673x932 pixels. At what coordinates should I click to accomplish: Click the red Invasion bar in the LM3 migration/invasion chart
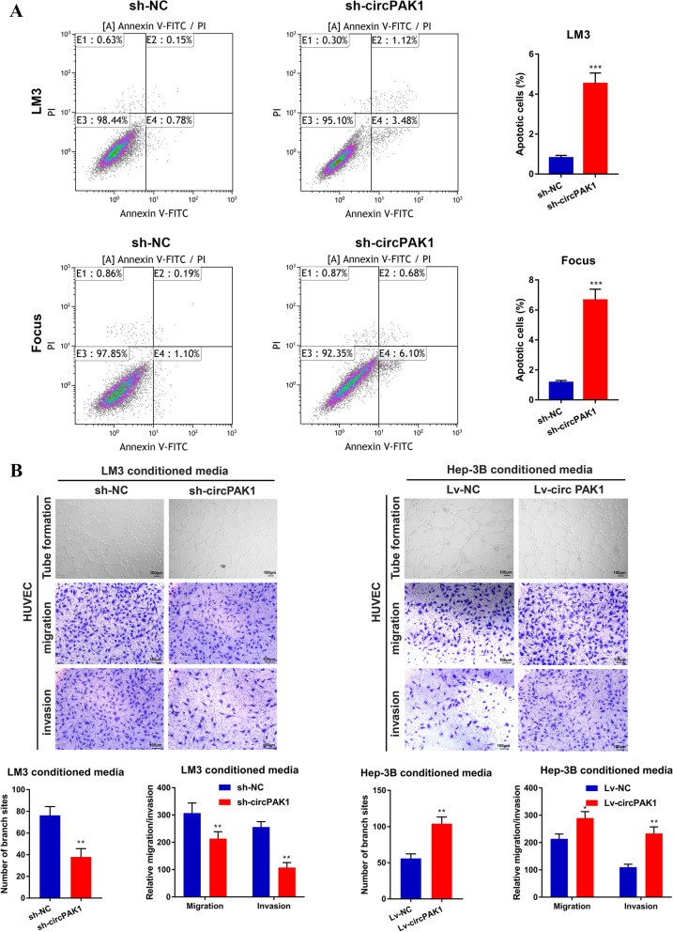[x=287, y=879]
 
